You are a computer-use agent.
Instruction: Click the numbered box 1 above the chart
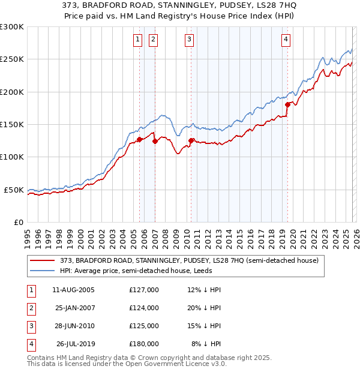pyautogui.click(x=138, y=40)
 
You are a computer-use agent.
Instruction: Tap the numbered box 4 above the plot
pyautogui.click(x=286, y=40)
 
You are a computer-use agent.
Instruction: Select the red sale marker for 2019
pyautogui.click(x=287, y=104)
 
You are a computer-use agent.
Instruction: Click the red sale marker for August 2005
pyautogui.click(x=140, y=139)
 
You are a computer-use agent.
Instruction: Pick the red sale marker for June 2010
pyautogui.click(x=191, y=140)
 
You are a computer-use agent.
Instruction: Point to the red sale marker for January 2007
pyautogui.click(x=155, y=142)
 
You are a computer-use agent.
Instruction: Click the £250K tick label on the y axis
pyautogui.click(x=12, y=59)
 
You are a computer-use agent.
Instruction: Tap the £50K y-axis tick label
pyautogui.click(x=14, y=190)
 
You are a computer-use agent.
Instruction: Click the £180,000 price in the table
pyautogui.click(x=144, y=344)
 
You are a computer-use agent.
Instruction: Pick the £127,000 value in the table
pyautogui.click(x=144, y=290)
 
